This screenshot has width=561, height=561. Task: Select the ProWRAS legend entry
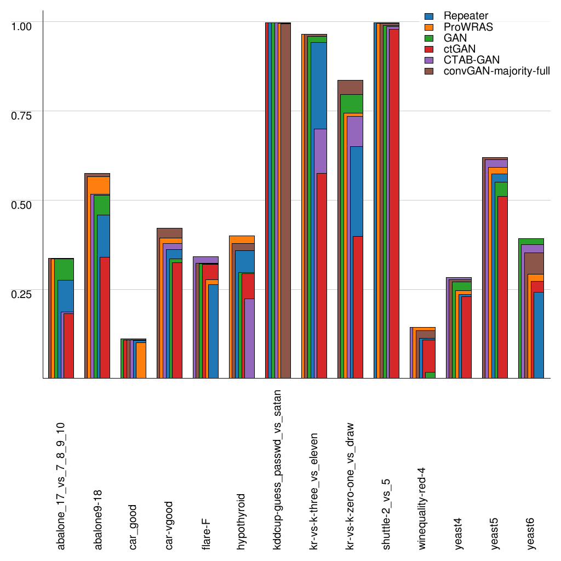coord(468,27)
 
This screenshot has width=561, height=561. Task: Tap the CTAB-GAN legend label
coord(472,59)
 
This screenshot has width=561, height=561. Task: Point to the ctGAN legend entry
coord(459,49)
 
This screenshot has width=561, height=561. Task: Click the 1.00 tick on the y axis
coord(22,26)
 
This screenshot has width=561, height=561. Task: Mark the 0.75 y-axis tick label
coord(22,115)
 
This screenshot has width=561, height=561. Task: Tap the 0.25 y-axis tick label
coord(22,293)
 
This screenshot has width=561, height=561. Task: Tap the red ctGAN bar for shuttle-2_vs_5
coord(393,203)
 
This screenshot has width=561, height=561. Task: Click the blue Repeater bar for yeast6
coord(538,335)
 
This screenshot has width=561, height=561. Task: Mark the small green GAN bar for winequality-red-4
coord(430,375)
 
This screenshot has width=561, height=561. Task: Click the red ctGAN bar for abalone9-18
coord(105,317)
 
